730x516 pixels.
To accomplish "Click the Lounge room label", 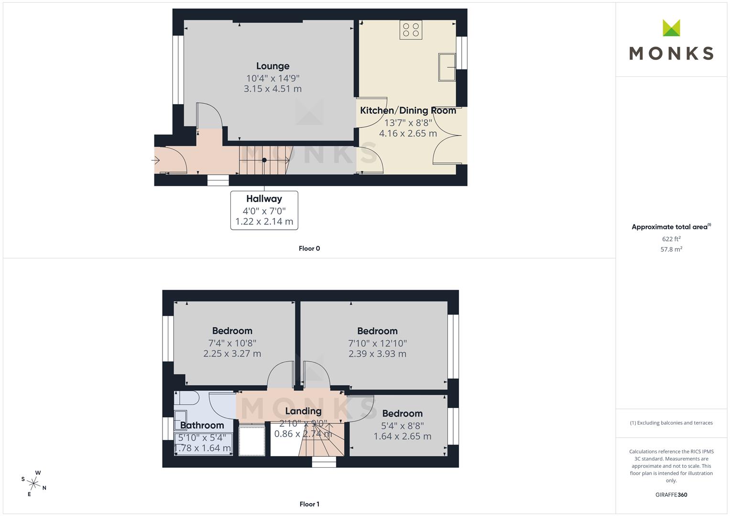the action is point(273,66).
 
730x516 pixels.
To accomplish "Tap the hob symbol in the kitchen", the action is point(411,30).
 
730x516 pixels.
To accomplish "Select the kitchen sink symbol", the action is point(447,67).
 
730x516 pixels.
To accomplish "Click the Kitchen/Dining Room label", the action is point(408,110).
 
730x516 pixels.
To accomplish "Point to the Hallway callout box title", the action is point(264,199).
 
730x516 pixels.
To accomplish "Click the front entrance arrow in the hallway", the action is point(155,160).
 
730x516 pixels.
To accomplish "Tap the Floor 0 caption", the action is point(309,248).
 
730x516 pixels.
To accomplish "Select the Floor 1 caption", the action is point(309,504).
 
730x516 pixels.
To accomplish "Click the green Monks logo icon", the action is point(671,28).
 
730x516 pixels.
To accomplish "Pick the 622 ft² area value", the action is point(671,239).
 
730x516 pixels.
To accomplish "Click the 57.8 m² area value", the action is point(671,249).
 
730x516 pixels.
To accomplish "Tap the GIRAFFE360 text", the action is point(671,494).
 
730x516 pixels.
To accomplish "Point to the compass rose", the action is point(34,484).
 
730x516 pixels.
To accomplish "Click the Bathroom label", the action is point(202,425).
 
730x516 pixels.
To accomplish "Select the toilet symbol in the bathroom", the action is point(186,398).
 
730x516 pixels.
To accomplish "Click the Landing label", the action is point(304,411).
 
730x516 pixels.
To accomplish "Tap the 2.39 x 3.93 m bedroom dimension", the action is point(377,354).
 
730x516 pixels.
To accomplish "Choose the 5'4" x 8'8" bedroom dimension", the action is point(403,426).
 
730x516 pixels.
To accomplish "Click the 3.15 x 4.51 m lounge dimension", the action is point(273,88).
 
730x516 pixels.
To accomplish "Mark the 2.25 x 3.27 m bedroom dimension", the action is point(232,354).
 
